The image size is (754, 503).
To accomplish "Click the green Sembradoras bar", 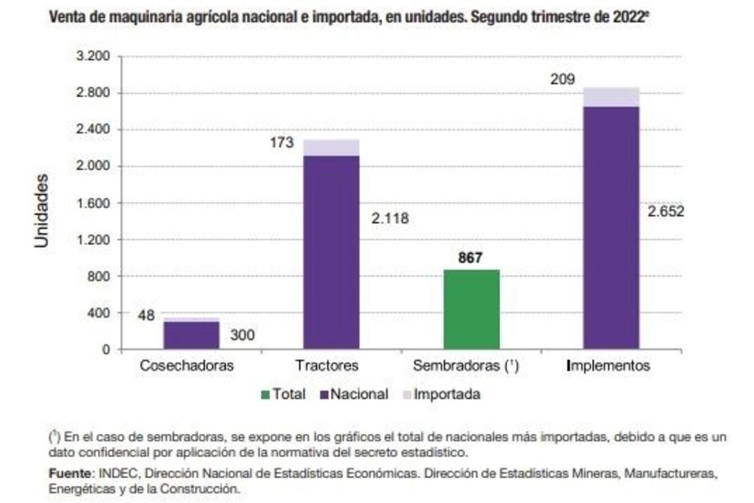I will (471, 310).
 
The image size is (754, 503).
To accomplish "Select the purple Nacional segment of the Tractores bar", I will (330, 252).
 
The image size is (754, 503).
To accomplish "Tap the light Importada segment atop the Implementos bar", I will (611, 97).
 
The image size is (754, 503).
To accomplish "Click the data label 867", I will (471, 258).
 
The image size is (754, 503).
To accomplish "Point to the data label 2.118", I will (389, 218).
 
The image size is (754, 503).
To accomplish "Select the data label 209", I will (563, 80).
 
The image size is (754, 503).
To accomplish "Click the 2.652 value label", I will (666, 210).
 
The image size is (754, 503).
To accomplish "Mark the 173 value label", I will (283, 141).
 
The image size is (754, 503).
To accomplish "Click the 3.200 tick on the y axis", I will (94, 56).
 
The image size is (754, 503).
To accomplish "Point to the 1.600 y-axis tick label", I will (94, 203).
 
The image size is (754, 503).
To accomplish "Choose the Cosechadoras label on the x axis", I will (187, 366).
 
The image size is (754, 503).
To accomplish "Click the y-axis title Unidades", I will (42, 211).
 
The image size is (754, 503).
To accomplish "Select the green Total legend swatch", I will (264, 395).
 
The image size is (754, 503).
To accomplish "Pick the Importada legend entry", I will (439, 395).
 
